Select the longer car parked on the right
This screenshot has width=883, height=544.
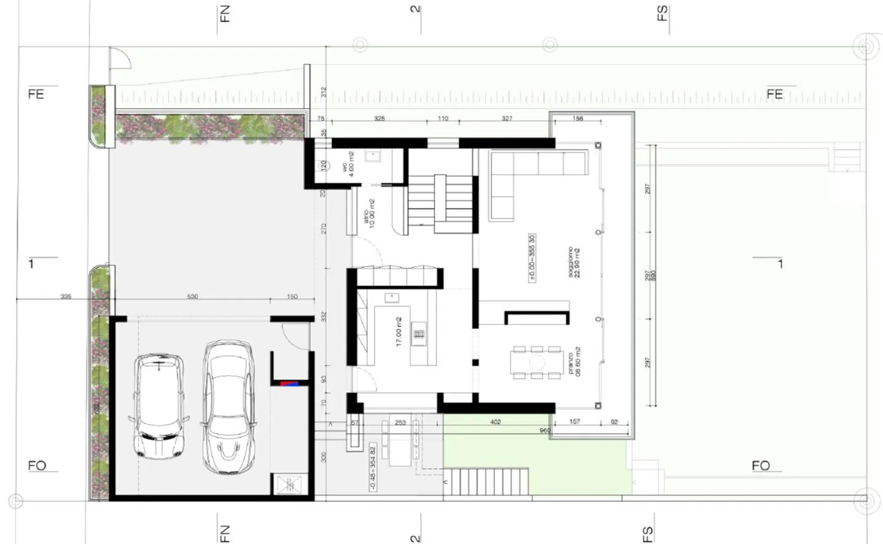tap(229, 407)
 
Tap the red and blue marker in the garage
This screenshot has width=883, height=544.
tap(289, 384)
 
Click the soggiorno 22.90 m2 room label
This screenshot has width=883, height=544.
tap(573, 262)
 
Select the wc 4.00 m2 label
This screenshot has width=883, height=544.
tap(348, 164)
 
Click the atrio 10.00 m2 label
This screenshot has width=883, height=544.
tap(369, 212)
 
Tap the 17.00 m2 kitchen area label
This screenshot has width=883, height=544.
tap(398, 331)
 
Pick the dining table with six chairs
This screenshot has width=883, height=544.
tap(537, 362)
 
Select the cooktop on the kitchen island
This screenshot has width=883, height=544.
tap(419, 334)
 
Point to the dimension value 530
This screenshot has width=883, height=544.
tap(193, 297)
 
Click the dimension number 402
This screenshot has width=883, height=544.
tap(495, 422)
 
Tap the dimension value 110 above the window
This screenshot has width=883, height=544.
tap(443, 119)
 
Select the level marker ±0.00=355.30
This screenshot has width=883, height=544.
tap(532, 258)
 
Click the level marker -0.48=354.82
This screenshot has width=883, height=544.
tap(372, 467)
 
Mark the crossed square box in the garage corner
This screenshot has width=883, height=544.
tap(289, 485)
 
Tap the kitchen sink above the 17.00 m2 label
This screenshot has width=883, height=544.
tap(392, 298)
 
